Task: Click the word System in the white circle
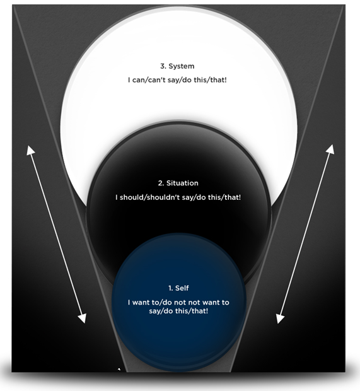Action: coord(181,66)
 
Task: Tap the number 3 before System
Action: coord(163,66)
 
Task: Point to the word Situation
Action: coord(182,183)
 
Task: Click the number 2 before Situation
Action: coord(161,184)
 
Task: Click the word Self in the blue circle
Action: coord(182,288)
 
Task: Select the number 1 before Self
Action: coord(170,288)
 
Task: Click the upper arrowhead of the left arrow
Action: coord(30,150)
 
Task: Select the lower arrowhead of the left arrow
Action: coord(82,318)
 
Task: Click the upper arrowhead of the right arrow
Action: coord(330,149)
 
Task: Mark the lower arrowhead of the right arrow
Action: coord(280,318)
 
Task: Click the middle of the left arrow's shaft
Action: coord(56,235)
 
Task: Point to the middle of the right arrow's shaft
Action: coord(305,234)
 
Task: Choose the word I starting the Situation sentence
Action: coord(117,197)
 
